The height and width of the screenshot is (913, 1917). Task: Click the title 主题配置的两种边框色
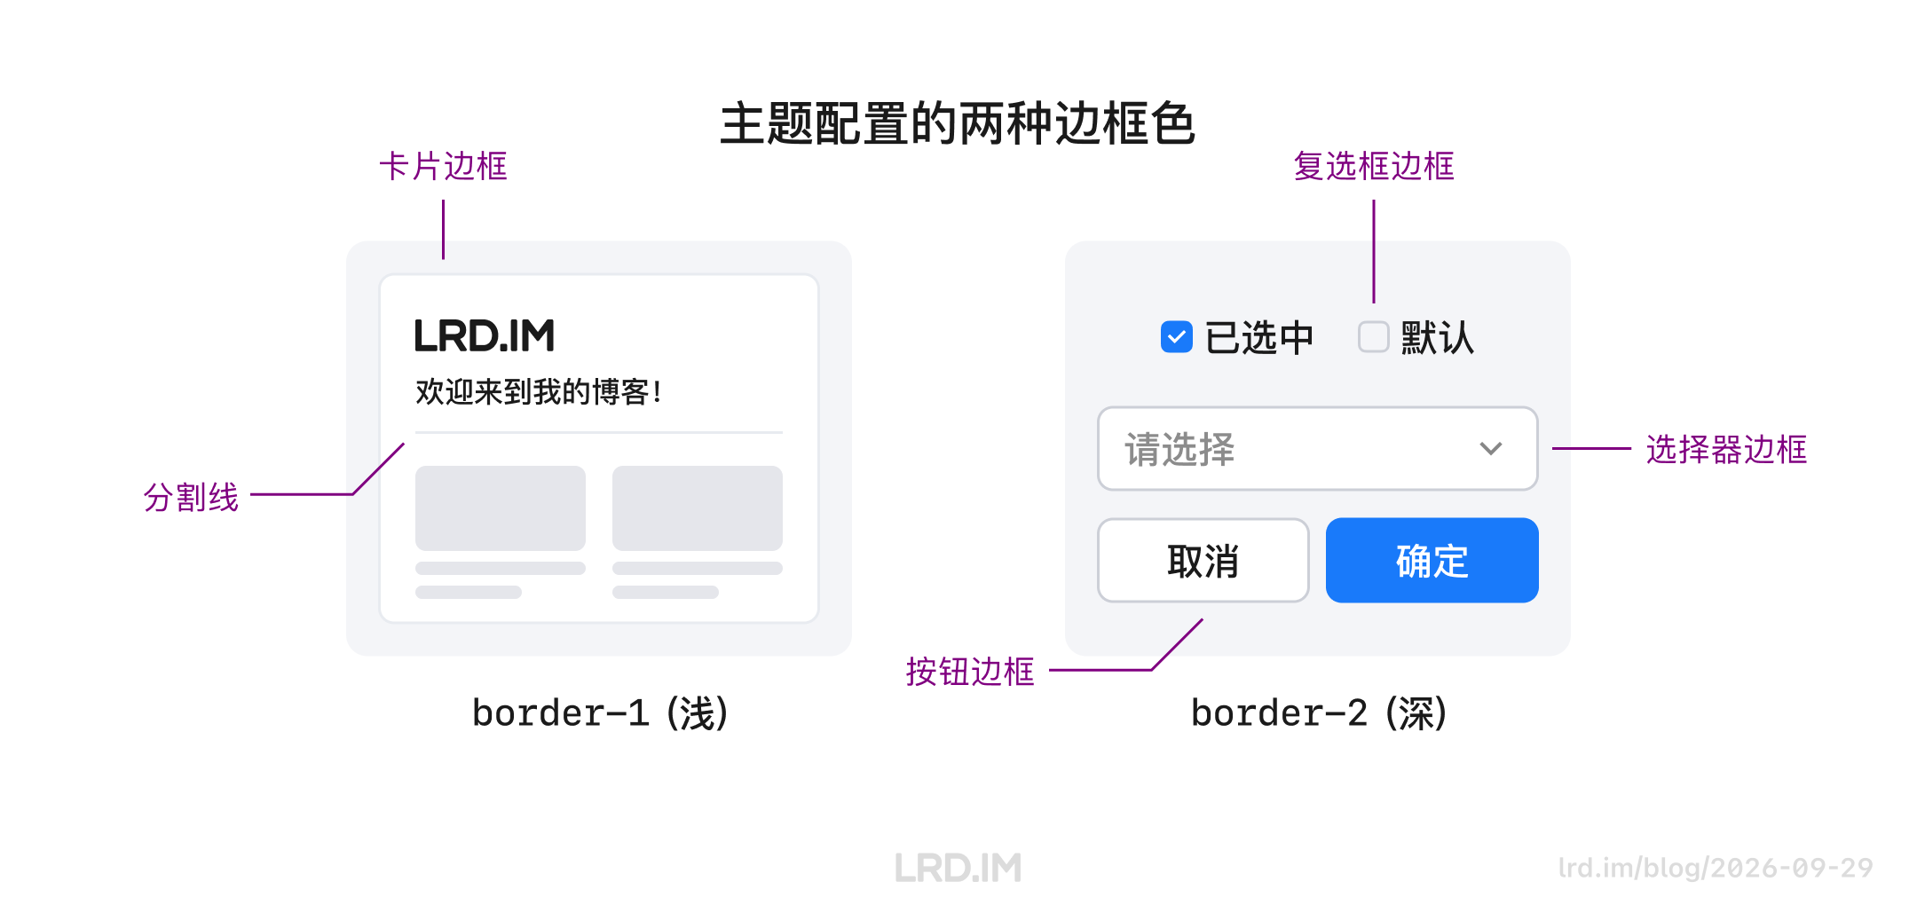click(958, 123)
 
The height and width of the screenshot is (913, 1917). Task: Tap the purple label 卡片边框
click(443, 166)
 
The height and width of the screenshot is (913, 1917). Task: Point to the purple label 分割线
click(191, 497)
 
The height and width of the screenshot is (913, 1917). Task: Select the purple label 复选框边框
click(1374, 166)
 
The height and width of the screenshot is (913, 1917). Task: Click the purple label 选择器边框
click(1726, 449)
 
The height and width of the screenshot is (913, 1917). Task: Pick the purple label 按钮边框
click(970, 672)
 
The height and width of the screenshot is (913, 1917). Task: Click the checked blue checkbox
click(1177, 337)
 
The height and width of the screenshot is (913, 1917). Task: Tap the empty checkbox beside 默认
click(1374, 337)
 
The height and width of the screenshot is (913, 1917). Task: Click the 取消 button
click(1203, 561)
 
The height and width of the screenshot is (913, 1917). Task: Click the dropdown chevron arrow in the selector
click(1491, 449)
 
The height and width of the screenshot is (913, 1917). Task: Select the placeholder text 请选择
click(1179, 449)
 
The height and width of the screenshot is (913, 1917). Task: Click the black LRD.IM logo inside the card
click(485, 335)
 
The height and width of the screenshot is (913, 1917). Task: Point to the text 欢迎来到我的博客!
click(539, 391)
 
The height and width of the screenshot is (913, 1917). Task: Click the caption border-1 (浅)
click(600, 713)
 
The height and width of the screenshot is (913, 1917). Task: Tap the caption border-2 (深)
click(1319, 713)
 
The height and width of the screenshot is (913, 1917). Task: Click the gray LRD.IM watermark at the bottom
click(958, 868)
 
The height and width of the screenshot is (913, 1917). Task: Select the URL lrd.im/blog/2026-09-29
click(1716, 868)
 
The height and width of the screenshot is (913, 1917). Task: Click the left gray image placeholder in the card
click(501, 508)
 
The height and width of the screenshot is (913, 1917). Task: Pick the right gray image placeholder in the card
click(698, 508)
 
